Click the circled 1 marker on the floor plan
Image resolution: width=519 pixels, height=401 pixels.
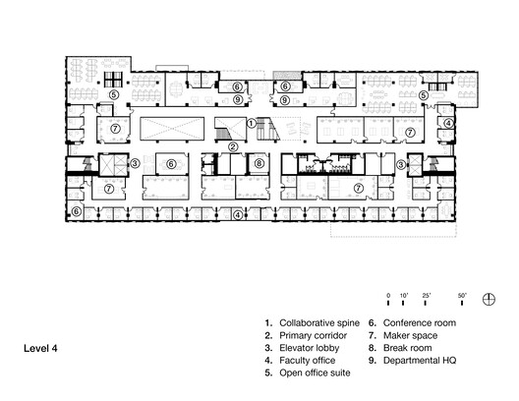tap(252, 123)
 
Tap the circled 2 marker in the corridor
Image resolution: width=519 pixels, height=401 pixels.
tap(233, 146)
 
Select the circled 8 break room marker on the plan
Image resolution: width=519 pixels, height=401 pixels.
tap(259, 163)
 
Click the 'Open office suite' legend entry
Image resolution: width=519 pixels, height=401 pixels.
tap(315, 373)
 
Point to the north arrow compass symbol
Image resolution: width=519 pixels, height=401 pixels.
tap(489, 301)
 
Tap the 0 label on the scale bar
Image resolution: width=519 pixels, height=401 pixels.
tap(388, 295)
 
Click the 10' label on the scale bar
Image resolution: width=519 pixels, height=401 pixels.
tap(403, 295)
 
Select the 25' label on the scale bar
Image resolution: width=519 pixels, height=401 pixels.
tap(426, 295)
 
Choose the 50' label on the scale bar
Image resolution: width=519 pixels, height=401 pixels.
tap(462, 295)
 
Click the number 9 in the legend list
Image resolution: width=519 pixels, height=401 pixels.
tap(372, 361)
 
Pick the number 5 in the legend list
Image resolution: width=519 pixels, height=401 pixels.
tap(266, 373)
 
